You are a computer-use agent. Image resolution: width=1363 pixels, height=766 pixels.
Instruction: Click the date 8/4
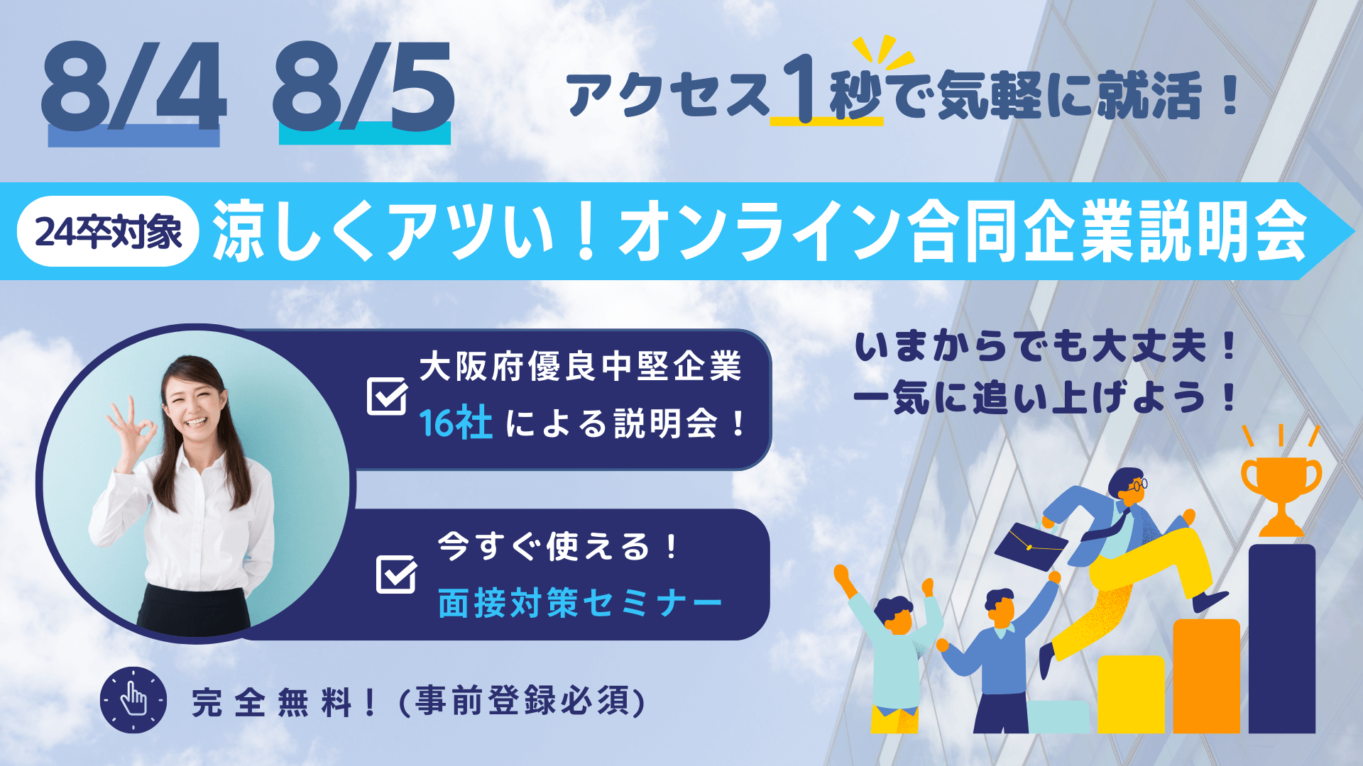(134, 86)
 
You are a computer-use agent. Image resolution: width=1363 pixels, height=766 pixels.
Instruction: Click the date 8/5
(363, 86)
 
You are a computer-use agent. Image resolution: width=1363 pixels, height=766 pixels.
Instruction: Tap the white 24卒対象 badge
(108, 231)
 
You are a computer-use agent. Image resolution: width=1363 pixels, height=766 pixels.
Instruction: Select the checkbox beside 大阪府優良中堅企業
(388, 396)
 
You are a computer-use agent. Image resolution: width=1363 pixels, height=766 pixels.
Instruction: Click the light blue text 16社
(456, 423)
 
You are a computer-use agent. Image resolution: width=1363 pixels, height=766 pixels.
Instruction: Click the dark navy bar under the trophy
(1282, 638)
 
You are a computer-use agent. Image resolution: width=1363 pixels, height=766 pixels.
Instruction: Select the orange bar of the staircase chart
(1207, 676)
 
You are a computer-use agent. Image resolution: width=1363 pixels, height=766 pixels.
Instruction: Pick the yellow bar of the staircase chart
(1132, 694)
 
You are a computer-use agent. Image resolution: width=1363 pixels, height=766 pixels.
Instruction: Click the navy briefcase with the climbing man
(1031, 546)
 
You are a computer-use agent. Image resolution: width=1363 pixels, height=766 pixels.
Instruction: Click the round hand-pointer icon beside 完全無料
(133, 700)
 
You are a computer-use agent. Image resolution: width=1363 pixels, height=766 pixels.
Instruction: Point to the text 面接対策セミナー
(580, 604)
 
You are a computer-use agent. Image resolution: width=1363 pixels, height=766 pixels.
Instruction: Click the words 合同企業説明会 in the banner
(1108, 231)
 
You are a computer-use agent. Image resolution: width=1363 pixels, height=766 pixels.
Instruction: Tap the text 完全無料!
(284, 702)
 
